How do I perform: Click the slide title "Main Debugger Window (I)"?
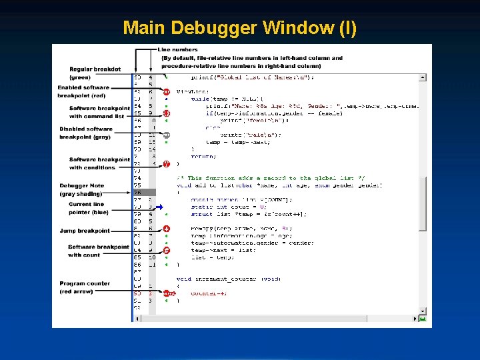tap(240, 28)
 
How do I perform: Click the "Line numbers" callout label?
tap(178, 50)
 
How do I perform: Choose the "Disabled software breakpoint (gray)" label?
tap(86, 133)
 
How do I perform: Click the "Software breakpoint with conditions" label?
tap(99, 163)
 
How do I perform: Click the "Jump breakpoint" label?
tap(85, 231)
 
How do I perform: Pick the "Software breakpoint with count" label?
tap(98, 251)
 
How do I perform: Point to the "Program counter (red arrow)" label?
tap(85, 287)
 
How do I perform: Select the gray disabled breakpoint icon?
tap(167, 135)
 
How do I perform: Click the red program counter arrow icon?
tap(168, 293)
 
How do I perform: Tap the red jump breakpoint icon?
tap(167, 229)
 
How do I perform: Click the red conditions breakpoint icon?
tap(167, 164)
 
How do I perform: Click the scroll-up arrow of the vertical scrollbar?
tap(422, 77)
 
